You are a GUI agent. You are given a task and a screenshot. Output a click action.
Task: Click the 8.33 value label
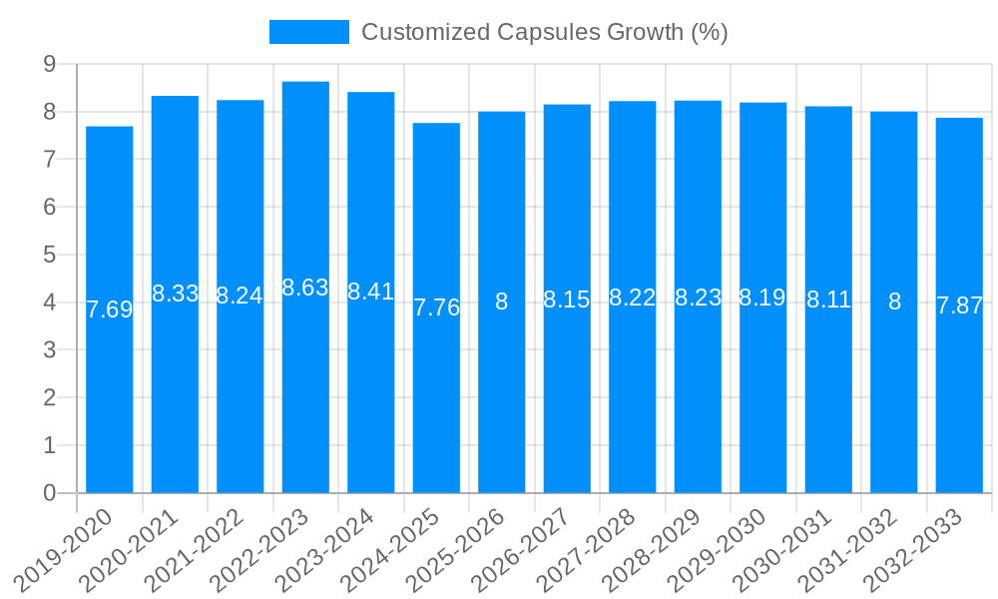[x=175, y=294]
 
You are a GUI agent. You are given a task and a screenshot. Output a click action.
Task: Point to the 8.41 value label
[x=371, y=292]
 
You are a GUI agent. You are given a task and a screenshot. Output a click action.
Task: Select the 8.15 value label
[x=567, y=299]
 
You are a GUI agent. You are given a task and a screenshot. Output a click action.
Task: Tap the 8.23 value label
[x=698, y=298]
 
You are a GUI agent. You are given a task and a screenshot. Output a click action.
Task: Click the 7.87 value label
[x=959, y=305]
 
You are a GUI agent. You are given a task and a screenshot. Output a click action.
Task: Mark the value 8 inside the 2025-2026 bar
[x=502, y=301]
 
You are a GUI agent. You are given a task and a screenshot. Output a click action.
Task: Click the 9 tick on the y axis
[x=49, y=64]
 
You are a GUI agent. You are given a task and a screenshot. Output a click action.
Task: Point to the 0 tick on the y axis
[x=49, y=493]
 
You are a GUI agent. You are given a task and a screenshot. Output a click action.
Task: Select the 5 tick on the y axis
[x=49, y=255]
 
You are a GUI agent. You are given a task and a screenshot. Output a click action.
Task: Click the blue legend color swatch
[x=309, y=32]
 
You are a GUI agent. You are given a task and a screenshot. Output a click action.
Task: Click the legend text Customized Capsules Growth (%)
[x=544, y=32]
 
